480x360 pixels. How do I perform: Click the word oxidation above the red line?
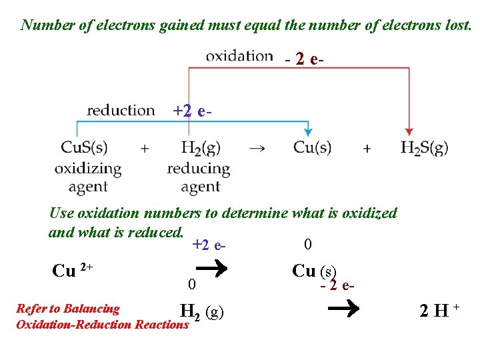tap(239, 56)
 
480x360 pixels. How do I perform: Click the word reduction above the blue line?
tap(121, 110)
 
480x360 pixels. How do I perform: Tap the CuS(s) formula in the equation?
tap(84, 147)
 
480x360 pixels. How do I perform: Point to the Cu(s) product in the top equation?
tap(312, 147)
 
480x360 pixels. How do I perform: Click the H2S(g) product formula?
tap(424, 147)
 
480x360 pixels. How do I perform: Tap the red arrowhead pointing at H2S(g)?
tap(409, 132)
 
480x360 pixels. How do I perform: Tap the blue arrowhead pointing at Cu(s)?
tap(308, 132)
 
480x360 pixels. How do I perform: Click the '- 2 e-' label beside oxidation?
tap(305, 59)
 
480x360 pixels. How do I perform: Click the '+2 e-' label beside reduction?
tap(193, 111)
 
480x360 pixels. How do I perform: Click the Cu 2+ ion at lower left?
tap(72, 271)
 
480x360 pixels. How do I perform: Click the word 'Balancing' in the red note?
tap(97, 309)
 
